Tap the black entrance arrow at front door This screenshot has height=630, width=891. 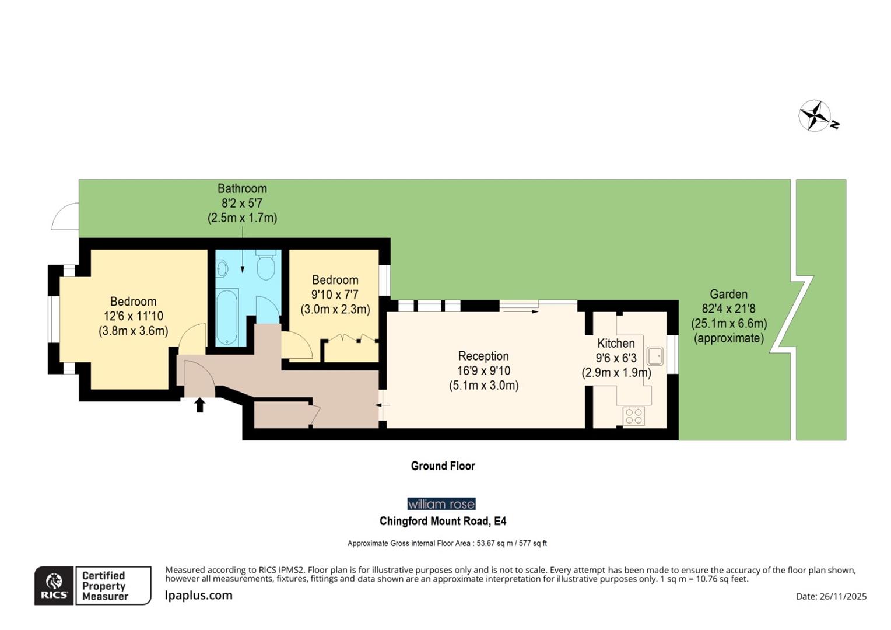(199, 404)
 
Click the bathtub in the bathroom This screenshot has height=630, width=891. (227, 317)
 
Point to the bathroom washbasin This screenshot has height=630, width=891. (222, 268)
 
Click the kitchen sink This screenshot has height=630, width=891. (655, 355)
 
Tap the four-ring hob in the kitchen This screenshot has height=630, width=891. (634, 416)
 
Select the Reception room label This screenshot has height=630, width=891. (483, 356)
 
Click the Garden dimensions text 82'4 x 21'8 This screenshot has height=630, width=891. (728, 309)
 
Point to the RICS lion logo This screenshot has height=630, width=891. (54, 585)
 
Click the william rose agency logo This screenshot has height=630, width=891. (441, 503)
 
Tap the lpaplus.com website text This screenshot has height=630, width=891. (199, 595)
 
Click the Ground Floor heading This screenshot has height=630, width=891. (443, 466)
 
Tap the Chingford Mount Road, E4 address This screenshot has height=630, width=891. (443, 521)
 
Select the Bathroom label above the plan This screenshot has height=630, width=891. (242, 188)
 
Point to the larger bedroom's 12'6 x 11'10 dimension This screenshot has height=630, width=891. (133, 316)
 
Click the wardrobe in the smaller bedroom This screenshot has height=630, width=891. (350, 349)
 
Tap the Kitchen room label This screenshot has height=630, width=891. (615, 343)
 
